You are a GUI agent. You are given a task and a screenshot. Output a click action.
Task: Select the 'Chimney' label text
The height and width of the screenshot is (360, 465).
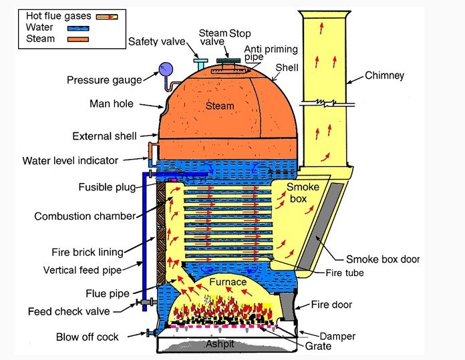tap(384, 76)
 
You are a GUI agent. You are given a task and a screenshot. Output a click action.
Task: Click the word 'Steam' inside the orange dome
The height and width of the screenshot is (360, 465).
tap(220, 106)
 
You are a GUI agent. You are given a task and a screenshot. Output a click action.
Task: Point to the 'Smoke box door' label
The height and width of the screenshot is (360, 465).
tap(383, 259)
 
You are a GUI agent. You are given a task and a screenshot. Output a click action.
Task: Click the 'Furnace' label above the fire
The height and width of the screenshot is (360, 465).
tap(228, 283)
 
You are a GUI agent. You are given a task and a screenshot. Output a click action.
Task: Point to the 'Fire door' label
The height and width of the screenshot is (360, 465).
tap(331, 305)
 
